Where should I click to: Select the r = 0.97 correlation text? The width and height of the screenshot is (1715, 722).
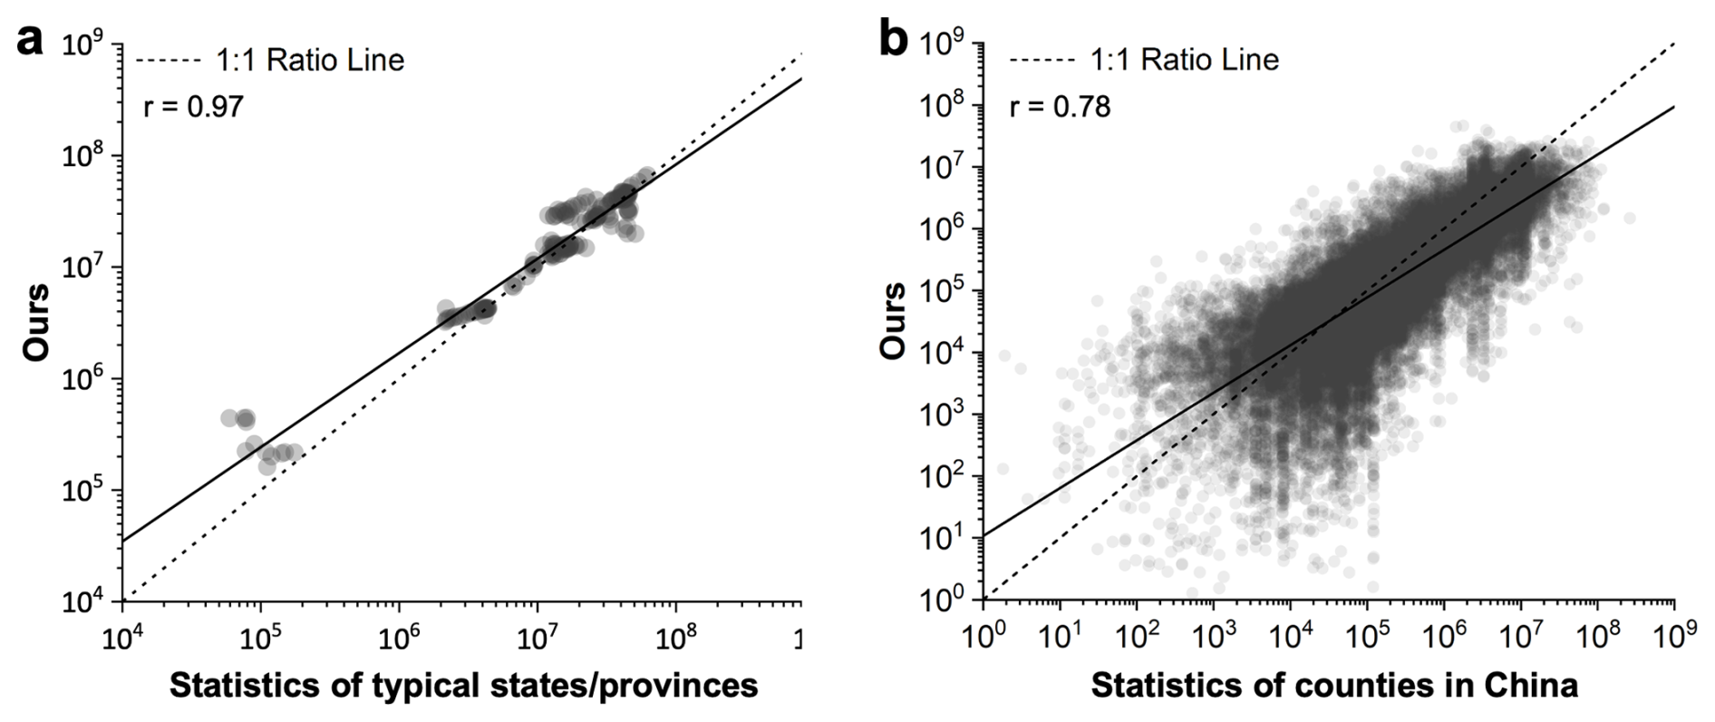pyautogui.click(x=193, y=107)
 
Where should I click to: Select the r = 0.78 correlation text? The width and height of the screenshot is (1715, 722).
pyautogui.click(x=1060, y=107)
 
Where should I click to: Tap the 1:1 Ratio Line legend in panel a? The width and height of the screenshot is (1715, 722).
pyautogui.click(x=269, y=61)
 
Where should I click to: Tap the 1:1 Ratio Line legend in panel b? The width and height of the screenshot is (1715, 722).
pyautogui.click(x=1144, y=61)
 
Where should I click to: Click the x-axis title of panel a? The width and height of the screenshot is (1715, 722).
pyautogui.click(x=463, y=685)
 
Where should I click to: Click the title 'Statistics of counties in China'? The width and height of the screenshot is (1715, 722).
pyautogui.click(x=1334, y=685)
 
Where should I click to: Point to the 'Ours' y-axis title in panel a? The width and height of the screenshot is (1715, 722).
pyautogui.click(x=36, y=324)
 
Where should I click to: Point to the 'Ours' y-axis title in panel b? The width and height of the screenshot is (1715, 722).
pyautogui.click(x=894, y=324)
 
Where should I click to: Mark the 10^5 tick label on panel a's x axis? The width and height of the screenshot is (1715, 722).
pyautogui.click(x=261, y=639)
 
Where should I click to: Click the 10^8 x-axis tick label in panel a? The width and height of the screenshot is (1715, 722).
pyautogui.click(x=674, y=639)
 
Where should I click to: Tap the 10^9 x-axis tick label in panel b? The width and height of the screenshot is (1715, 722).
pyautogui.click(x=1673, y=639)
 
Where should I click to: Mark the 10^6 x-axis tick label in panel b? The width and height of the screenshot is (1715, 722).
pyautogui.click(x=1443, y=639)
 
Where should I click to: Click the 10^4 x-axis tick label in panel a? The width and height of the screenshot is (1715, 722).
pyautogui.click(x=123, y=639)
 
